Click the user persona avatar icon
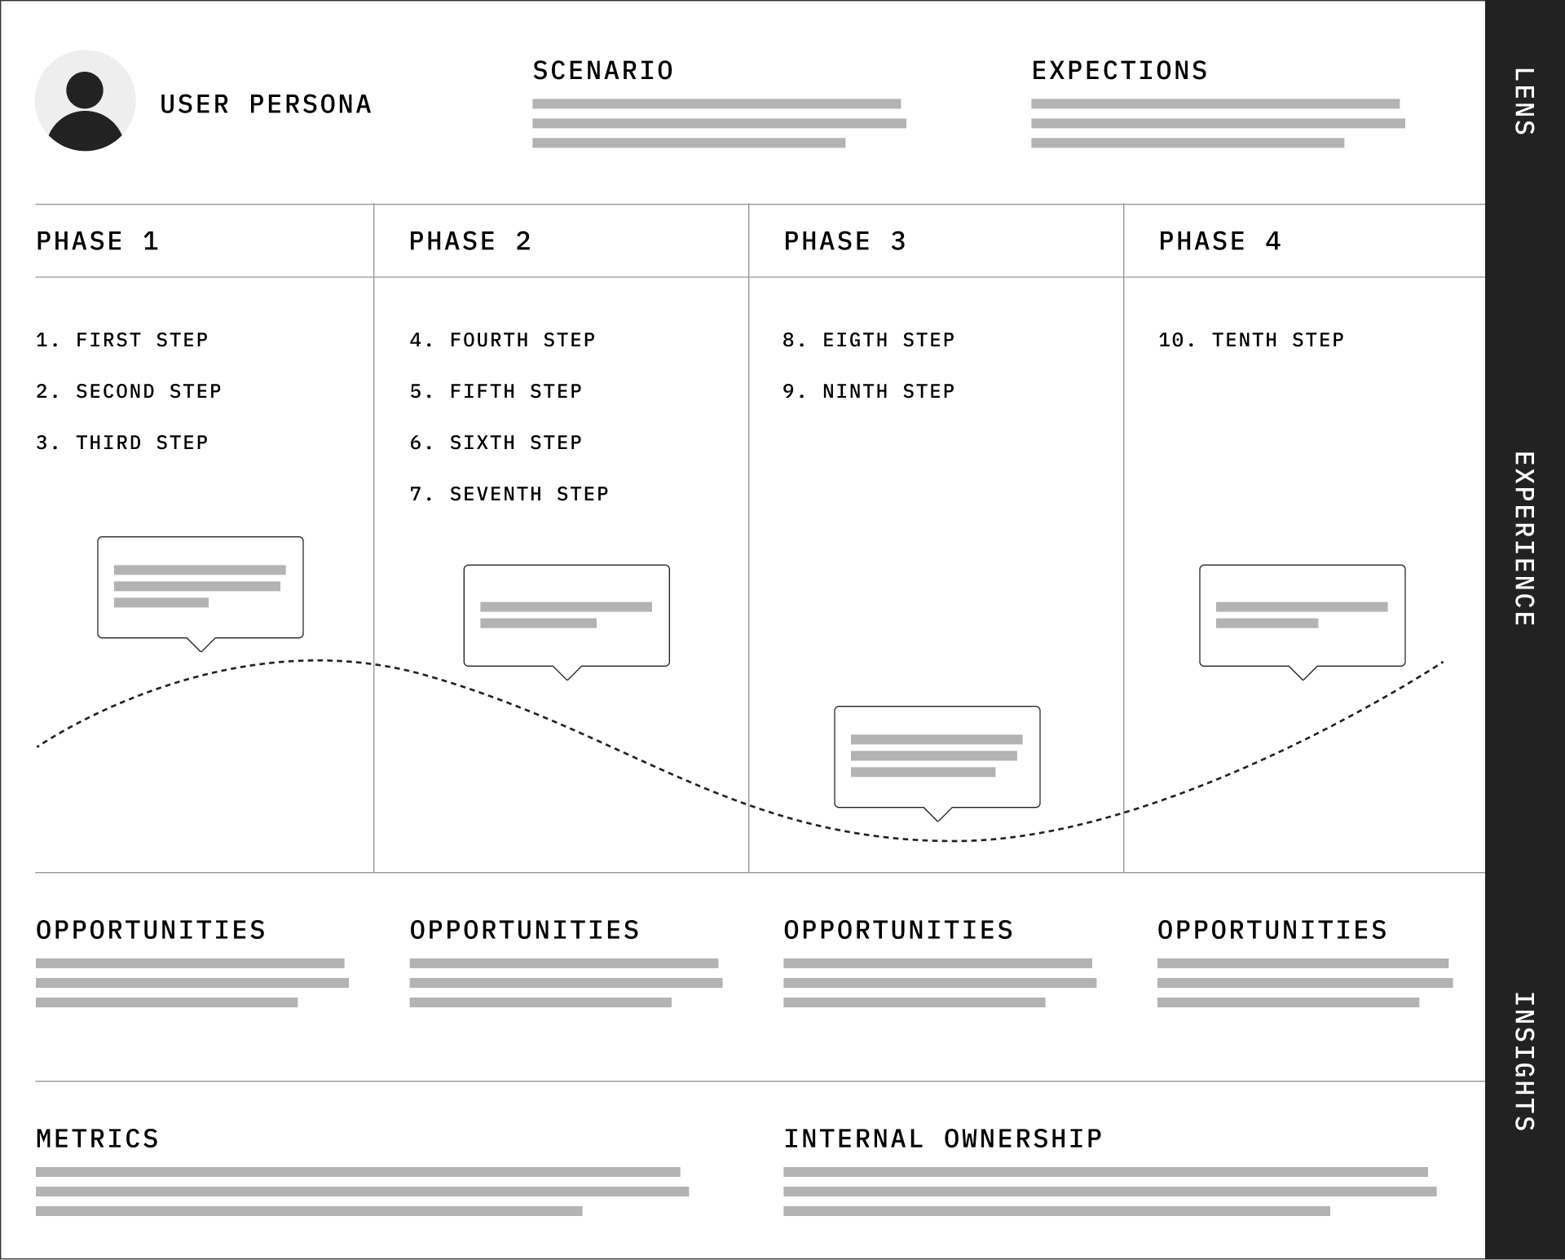tap(85, 101)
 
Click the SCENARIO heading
tap(602, 71)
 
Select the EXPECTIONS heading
tap(1119, 71)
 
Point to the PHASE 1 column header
tap(97, 241)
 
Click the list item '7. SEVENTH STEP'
tap(509, 494)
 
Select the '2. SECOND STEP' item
tap(128, 391)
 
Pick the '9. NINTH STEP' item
tap(868, 391)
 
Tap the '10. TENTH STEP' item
tap(1250, 340)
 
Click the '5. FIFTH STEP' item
tap(496, 391)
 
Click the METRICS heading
tap(97, 1139)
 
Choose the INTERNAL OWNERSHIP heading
tap(942, 1139)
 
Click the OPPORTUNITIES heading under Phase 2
tap(524, 930)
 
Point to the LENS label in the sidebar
tap(1524, 101)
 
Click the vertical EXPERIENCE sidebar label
tap(1524, 539)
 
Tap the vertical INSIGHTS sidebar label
tap(1524, 1061)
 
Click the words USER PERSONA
tap(266, 104)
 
